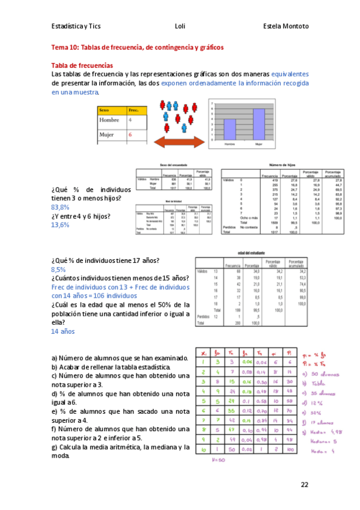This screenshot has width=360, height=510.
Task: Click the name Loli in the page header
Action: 180,26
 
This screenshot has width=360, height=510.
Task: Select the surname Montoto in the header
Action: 295,26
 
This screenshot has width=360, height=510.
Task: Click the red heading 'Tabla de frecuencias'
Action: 82,65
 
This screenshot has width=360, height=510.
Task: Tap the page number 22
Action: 304,485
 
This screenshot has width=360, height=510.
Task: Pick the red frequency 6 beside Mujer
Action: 130,135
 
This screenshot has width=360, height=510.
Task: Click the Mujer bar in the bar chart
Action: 258,126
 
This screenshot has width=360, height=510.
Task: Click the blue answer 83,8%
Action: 60,207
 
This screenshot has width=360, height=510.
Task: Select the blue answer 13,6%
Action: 60,225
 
